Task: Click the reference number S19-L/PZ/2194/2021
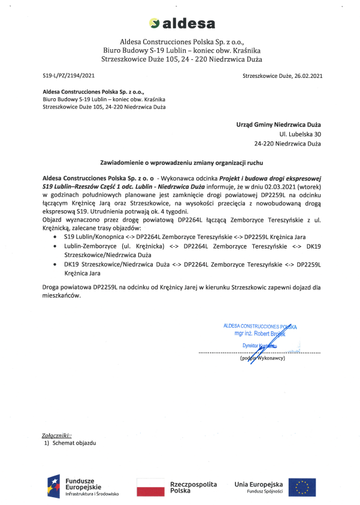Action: coord(68,76)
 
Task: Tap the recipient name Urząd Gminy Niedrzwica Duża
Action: coord(279,125)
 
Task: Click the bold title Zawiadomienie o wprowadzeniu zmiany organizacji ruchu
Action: coord(181,162)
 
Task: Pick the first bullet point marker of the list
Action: coord(56,237)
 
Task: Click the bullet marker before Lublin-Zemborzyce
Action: coord(56,246)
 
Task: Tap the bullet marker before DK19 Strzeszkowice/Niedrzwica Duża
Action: coord(56,264)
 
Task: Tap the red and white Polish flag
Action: coord(151,486)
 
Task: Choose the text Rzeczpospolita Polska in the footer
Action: coord(193,486)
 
